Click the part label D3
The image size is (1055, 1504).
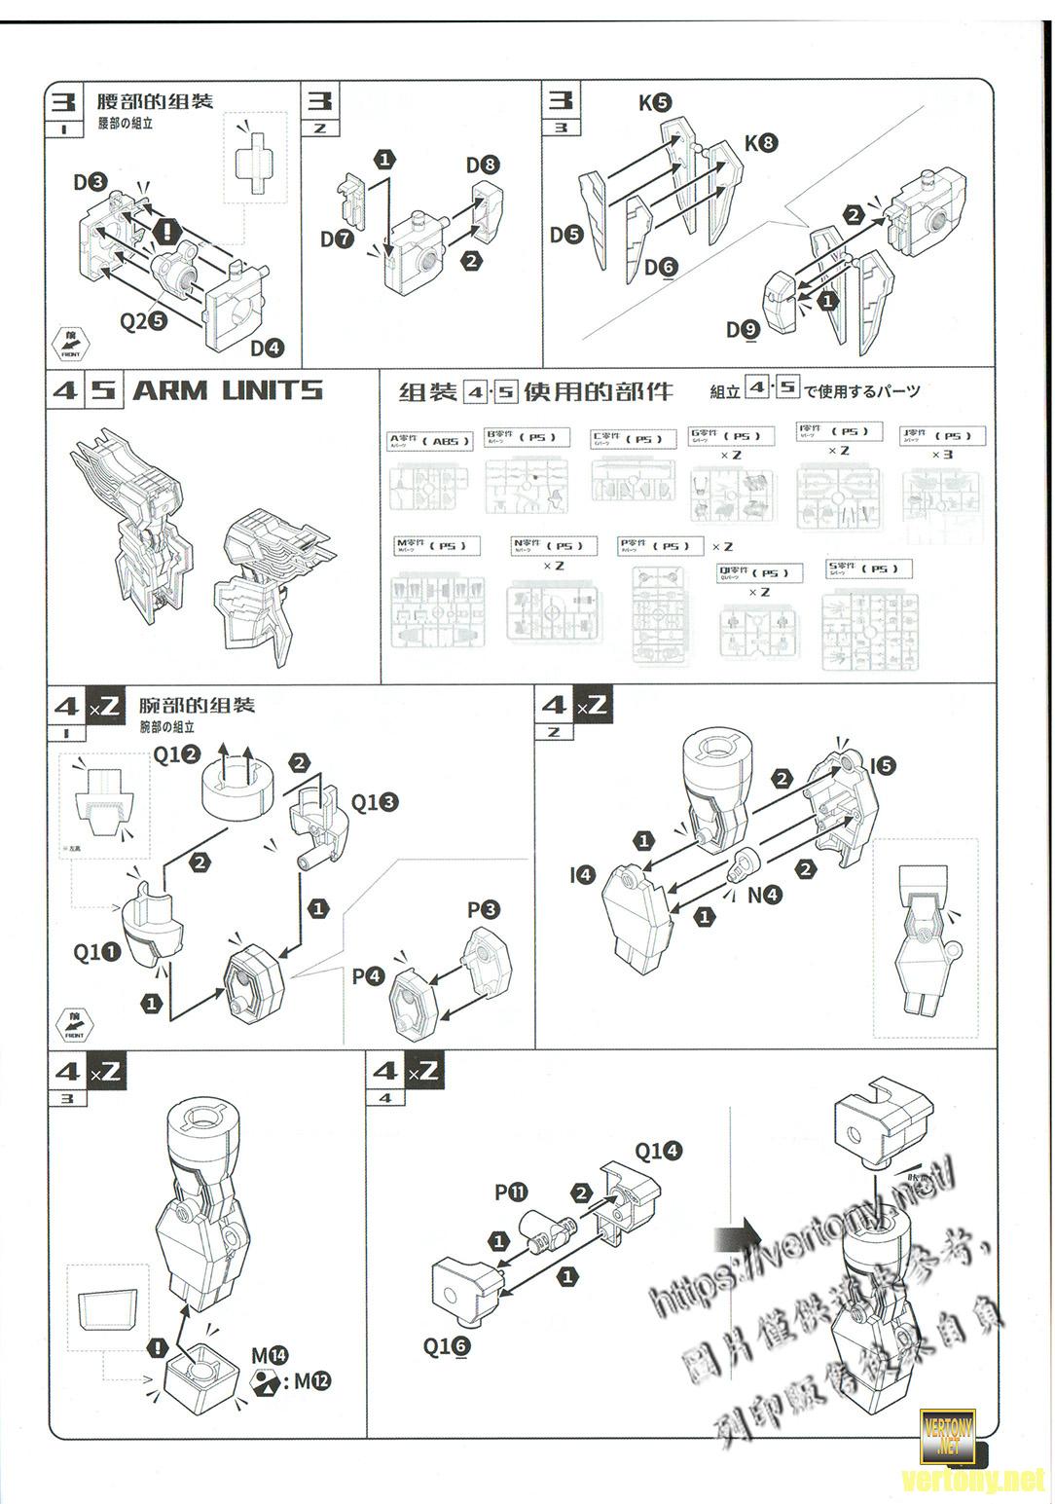(x=89, y=182)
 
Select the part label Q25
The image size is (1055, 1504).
(x=143, y=320)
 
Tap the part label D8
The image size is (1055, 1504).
(x=482, y=165)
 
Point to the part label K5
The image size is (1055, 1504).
(x=654, y=102)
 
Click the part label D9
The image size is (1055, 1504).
(x=742, y=330)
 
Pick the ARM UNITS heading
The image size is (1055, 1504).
(x=227, y=390)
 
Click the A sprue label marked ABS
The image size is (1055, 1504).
(x=429, y=441)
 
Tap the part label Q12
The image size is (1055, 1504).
(x=176, y=754)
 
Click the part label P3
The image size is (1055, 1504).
(x=483, y=910)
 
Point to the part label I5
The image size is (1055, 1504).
(x=882, y=766)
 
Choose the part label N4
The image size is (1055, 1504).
(x=764, y=895)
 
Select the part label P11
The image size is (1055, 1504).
(x=510, y=1192)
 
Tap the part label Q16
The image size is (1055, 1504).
(x=447, y=1346)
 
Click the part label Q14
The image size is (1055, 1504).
(x=658, y=1152)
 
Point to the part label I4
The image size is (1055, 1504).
(x=581, y=875)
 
